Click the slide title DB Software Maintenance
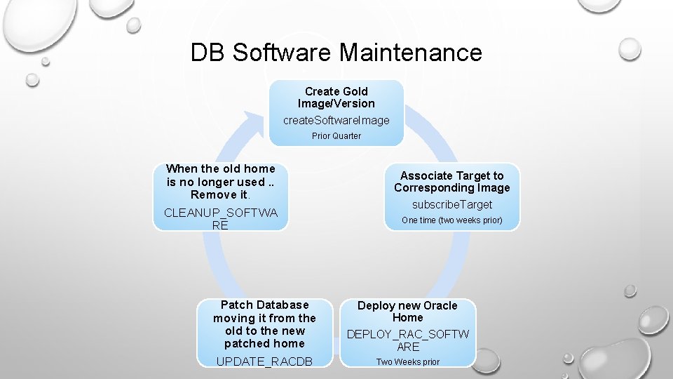tap(336, 53)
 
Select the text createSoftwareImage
tap(336, 120)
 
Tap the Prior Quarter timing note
tap(336, 136)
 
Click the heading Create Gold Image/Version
tap(336, 98)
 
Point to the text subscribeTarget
tap(451, 204)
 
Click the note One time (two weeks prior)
tap(451, 220)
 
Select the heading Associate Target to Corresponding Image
tap(451, 182)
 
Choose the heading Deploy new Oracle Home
tap(407, 312)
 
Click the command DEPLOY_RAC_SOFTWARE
tap(407, 340)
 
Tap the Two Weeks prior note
tap(407, 362)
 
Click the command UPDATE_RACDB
tap(264, 361)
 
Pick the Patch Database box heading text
tap(264, 324)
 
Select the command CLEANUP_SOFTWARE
tap(220, 219)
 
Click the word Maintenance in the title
tap(411, 53)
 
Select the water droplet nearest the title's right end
tap(630, 49)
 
